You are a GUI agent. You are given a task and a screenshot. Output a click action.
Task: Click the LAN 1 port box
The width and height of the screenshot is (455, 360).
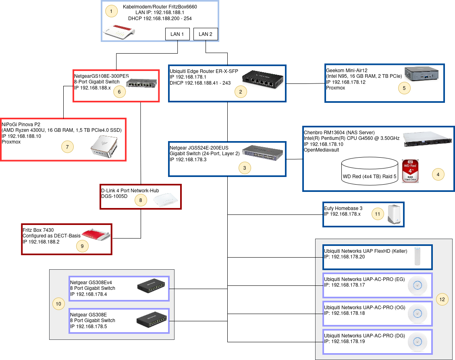177,34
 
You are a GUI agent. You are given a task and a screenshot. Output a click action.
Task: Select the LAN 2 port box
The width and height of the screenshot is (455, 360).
206,34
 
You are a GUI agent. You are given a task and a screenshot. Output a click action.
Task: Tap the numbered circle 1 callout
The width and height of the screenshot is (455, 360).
111,11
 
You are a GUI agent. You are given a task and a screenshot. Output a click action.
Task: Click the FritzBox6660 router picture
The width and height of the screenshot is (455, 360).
119,32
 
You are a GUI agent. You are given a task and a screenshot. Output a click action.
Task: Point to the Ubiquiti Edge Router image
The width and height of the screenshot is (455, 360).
263,79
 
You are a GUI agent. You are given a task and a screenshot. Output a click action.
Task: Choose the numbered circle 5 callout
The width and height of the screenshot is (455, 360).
404,88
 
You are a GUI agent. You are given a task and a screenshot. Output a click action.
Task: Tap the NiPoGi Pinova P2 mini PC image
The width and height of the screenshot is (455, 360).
104,147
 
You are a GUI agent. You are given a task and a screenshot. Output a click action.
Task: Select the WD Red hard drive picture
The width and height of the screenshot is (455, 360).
410,171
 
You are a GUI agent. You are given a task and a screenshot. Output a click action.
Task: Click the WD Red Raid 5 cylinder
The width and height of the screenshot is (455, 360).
370,171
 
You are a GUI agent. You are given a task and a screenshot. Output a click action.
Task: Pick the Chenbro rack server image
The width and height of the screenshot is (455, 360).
428,139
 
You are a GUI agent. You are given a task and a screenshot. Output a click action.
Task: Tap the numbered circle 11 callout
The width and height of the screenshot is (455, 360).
378,214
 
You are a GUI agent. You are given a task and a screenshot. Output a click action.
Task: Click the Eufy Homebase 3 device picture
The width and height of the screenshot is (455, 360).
394,214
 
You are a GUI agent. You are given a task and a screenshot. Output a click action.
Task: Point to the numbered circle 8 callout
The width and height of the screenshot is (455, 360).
141,200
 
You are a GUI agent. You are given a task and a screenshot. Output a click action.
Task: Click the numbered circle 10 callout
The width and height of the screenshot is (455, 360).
58,304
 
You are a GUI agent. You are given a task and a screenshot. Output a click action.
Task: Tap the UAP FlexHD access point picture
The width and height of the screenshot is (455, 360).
417,256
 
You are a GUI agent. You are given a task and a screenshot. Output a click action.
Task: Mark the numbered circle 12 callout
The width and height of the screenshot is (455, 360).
442,299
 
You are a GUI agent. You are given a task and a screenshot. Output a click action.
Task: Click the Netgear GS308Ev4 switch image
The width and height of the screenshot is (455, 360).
151,286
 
